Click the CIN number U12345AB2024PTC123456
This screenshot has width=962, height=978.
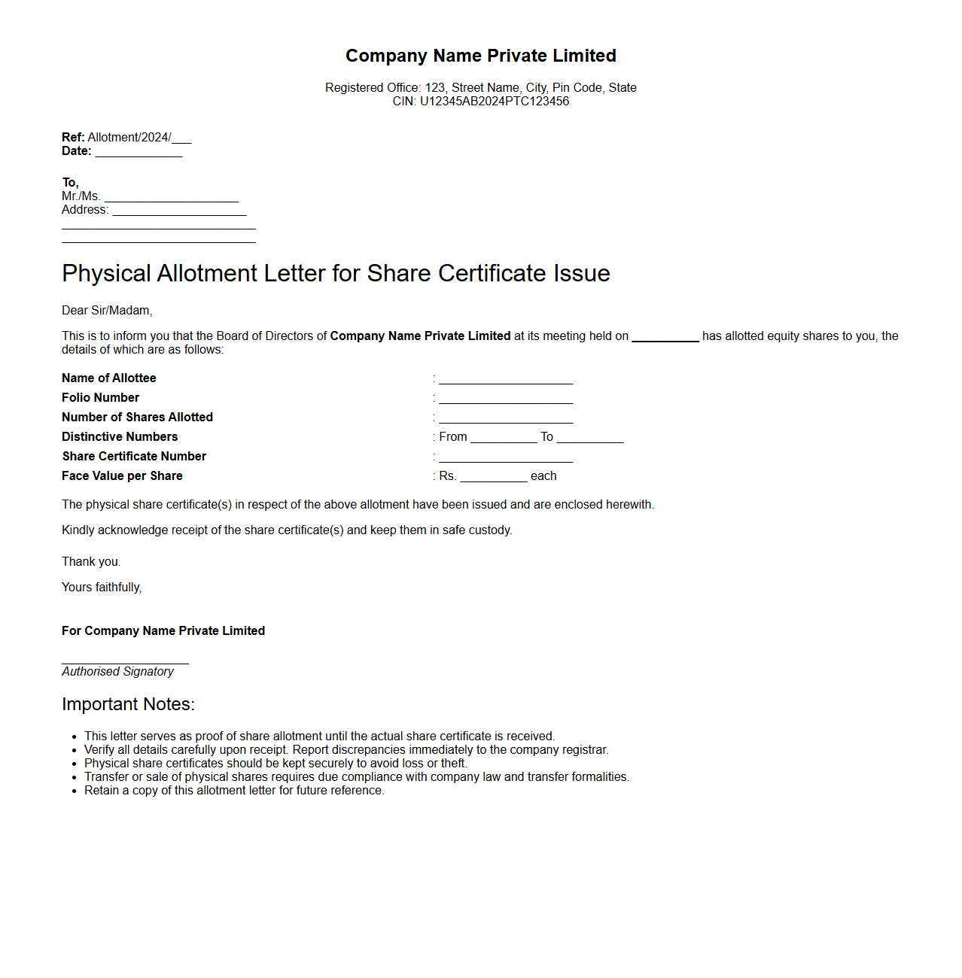495,102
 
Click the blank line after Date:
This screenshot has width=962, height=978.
139,152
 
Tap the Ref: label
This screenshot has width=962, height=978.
73,138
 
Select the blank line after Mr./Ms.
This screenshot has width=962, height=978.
171,197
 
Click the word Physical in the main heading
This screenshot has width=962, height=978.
106,273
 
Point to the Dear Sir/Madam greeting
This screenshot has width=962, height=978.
107,311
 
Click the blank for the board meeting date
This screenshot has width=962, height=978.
665,337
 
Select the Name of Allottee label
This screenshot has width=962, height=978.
109,378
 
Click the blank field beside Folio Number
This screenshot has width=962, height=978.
506,399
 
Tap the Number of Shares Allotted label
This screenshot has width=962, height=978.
137,418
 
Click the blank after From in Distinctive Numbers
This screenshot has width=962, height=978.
504,438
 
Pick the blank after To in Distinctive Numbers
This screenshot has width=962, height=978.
590,438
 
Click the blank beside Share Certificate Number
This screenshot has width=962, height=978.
506,457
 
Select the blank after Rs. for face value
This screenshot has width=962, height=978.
493,477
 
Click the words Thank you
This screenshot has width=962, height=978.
91,562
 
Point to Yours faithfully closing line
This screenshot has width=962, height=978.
102,588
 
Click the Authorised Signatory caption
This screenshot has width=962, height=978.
117,672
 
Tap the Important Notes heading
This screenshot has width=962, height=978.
128,704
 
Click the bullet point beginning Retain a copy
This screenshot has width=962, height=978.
234,791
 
